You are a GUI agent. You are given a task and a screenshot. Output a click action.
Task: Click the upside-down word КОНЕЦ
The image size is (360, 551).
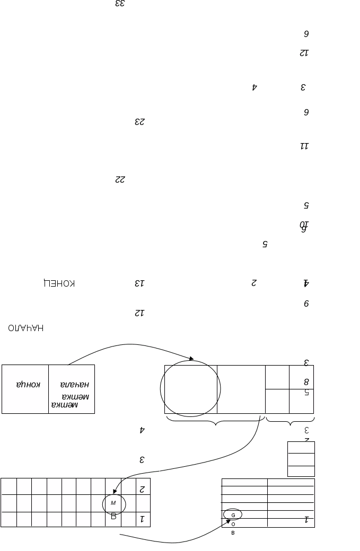pyautogui.click(x=59, y=283)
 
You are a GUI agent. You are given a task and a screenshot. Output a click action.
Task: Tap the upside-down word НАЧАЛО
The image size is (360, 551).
pyautogui.click(x=26, y=328)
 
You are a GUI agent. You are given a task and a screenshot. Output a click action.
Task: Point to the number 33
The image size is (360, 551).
pyautogui.click(x=120, y=4)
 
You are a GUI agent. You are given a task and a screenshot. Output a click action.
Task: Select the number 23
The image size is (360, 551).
pyautogui.click(x=139, y=121)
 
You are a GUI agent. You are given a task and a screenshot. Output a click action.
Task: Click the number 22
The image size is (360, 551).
pyautogui.click(x=120, y=180)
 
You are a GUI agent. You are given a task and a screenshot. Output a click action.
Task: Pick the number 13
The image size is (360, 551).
pyautogui.click(x=139, y=283)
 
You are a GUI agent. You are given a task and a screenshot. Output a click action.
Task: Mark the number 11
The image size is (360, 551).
pyautogui.click(x=304, y=146)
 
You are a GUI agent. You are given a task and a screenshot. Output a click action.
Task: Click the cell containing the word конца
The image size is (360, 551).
pyautogui.click(x=25, y=389)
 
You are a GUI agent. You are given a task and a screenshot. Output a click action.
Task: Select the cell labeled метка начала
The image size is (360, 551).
pyautogui.click(x=72, y=389)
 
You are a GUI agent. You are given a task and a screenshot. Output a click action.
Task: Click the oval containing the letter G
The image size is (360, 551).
pyautogui.click(x=233, y=514)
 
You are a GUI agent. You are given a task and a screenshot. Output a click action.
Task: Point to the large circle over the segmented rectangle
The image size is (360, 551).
pyautogui.click(x=190, y=388)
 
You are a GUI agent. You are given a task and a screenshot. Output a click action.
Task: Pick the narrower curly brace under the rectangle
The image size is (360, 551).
pyautogui.click(x=290, y=422)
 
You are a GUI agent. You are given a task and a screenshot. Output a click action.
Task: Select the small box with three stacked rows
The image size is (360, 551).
pyautogui.click(x=301, y=459)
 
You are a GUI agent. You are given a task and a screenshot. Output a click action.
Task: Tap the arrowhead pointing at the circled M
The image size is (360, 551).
pyautogui.click(x=115, y=493)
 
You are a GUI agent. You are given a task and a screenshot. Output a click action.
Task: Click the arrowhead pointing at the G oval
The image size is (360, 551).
pyautogui.click(x=228, y=521)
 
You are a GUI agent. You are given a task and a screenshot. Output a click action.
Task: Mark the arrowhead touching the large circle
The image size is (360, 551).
pyautogui.click(x=190, y=359)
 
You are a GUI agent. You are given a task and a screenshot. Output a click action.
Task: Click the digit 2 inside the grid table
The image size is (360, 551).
pyautogui.click(x=142, y=488)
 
